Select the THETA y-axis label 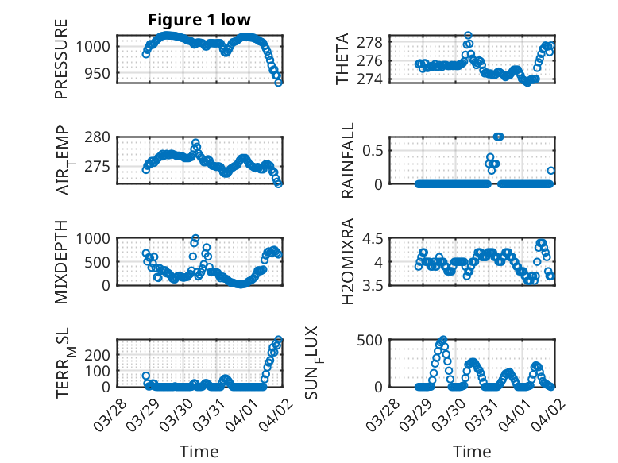tap(342, 59)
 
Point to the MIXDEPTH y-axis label tap(61, 261)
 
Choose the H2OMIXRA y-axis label tap(347, 261)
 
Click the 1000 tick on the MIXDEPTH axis tap(95, 238)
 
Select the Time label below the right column tap(472, 452)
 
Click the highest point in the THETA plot tap(468, 36)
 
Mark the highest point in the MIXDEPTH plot tap(195, 238)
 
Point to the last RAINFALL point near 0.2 tap(550, 170)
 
